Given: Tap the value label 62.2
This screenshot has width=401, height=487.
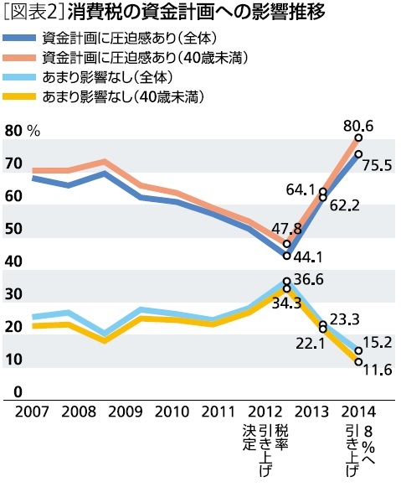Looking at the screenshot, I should [x=343, y=204].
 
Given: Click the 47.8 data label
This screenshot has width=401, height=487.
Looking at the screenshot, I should [x=287, y=228].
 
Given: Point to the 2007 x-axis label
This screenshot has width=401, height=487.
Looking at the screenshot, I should [x=28, y=412].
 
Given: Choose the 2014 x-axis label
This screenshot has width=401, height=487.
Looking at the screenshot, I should [x=360, y=412].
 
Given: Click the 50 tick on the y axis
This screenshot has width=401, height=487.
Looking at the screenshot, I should [x=14, y=229].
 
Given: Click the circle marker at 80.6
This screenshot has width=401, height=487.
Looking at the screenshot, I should [x=358, y=137].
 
